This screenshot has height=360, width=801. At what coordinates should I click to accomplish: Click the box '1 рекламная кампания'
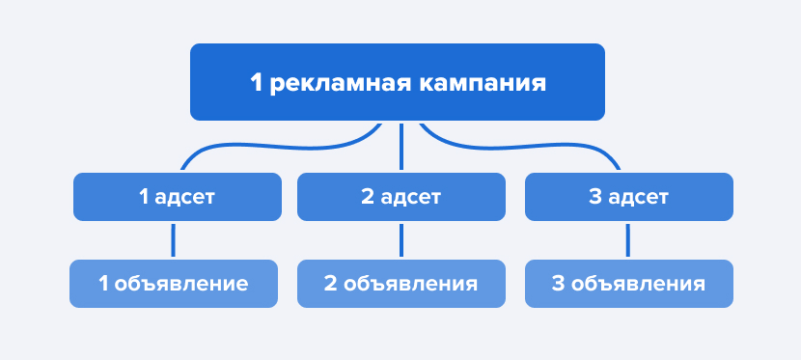coord(398,82)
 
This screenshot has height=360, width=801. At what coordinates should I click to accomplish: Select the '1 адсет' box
coord(178,197)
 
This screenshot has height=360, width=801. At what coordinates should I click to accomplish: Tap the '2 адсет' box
coord(400,197)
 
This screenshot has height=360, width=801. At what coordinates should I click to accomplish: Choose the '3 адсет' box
coord(628,197)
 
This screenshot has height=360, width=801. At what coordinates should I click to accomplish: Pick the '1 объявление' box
coord(174,284)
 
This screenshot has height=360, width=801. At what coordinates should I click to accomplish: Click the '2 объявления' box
coord(400,284)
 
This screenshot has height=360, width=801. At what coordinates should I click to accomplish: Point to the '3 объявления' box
coord(628,284)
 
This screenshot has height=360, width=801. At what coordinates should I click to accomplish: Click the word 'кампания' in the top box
coord(483,83)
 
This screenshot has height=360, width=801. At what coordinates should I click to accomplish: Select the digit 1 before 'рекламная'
coord(256,83)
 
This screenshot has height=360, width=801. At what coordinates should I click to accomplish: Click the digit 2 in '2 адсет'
coord(367,198)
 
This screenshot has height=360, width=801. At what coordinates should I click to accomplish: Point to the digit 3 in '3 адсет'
coord(594,198)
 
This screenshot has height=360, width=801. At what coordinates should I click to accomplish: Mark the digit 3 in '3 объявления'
coord(559,285)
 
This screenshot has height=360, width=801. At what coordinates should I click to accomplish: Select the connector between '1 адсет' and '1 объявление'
coord(174,239)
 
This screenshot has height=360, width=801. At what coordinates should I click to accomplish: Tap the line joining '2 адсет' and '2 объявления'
coord(400,239)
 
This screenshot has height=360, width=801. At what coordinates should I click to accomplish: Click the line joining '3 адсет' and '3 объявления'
coord(628,239)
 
